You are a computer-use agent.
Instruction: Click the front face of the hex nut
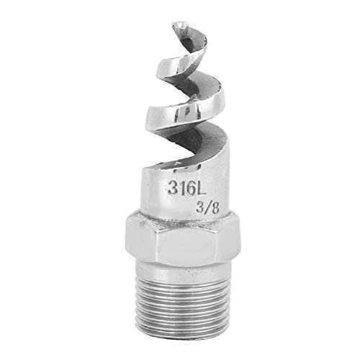(184, 248)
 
